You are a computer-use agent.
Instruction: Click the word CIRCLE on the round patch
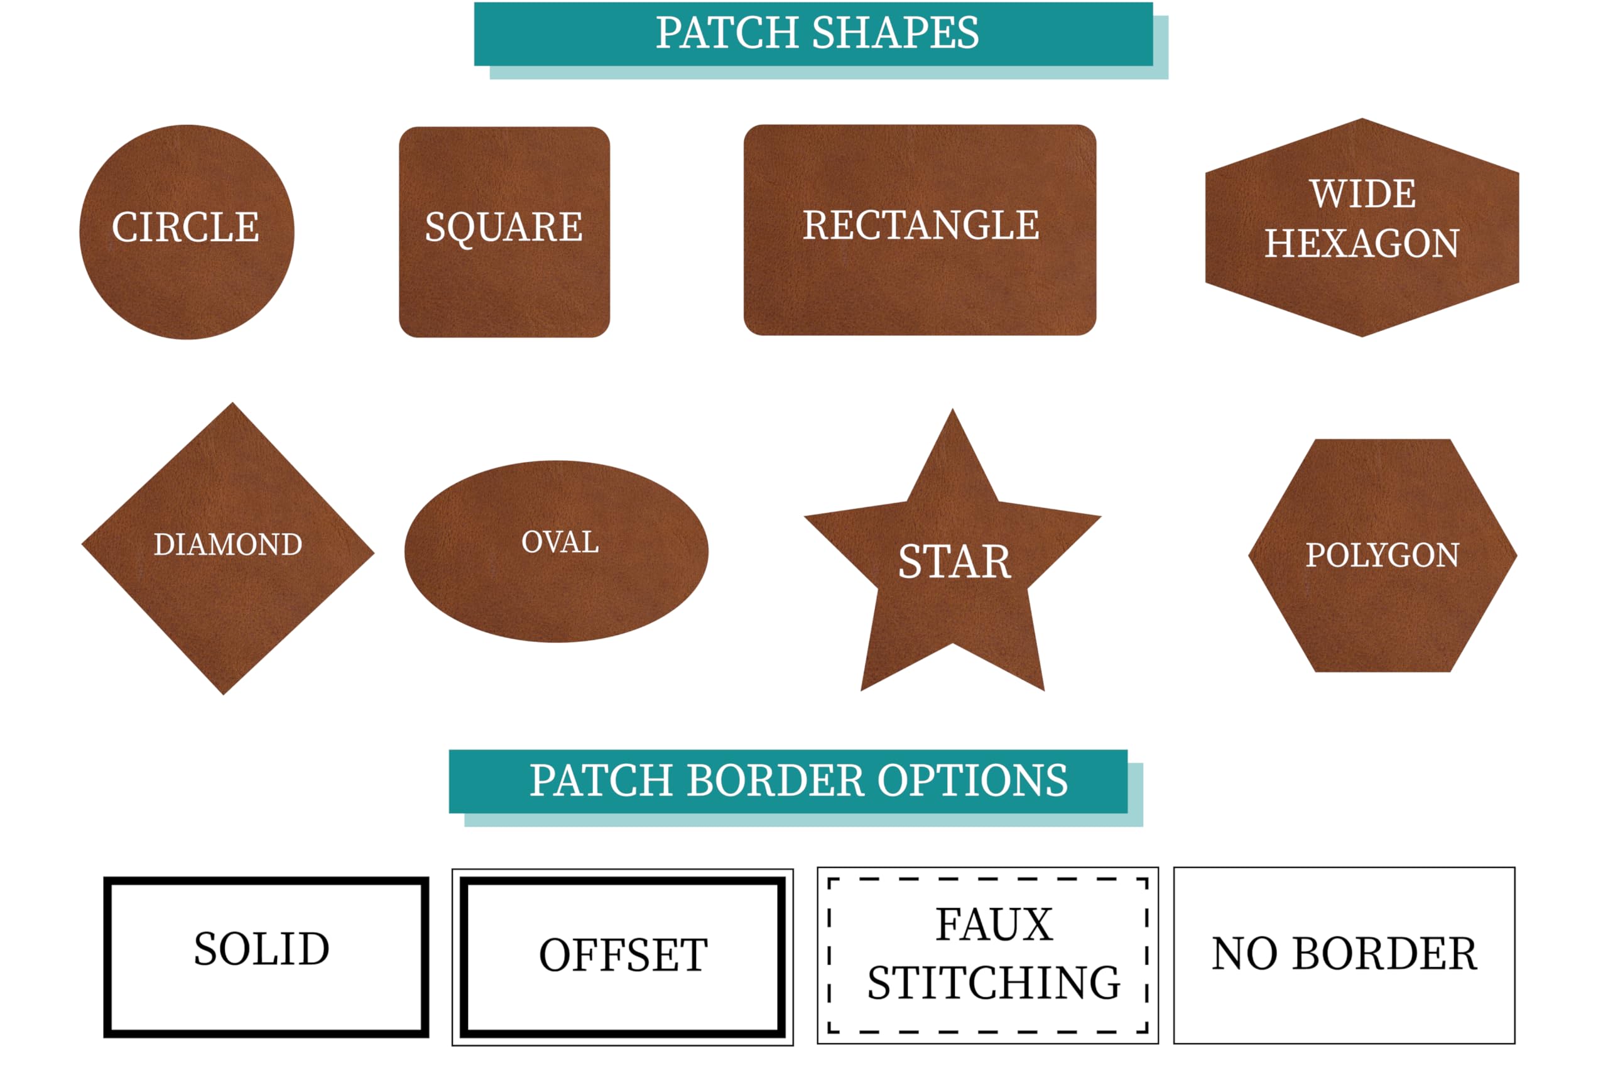click(185, 227)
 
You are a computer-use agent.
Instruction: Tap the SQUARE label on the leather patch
click(504, 227)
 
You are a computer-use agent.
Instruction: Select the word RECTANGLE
click(921, 225)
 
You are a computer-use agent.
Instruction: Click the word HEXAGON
click(1362, 244)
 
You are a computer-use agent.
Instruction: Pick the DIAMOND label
click(227, 544)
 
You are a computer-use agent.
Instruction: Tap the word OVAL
click(560, 543)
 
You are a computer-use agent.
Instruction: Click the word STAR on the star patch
click(955, 562)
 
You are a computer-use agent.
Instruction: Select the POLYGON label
click(1383, 555)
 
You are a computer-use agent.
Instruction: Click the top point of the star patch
click(953, 409)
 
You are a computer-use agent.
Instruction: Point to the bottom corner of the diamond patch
click(224, 695)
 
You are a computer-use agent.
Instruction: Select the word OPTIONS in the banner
click(973, 781)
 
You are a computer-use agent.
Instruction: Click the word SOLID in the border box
click(261, 948)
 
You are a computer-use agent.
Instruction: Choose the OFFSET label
click(623, 955)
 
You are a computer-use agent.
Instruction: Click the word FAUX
click(994, 924)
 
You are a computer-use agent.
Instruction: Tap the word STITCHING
click(994, 982)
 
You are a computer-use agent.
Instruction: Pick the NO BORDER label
click(1344, 953)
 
